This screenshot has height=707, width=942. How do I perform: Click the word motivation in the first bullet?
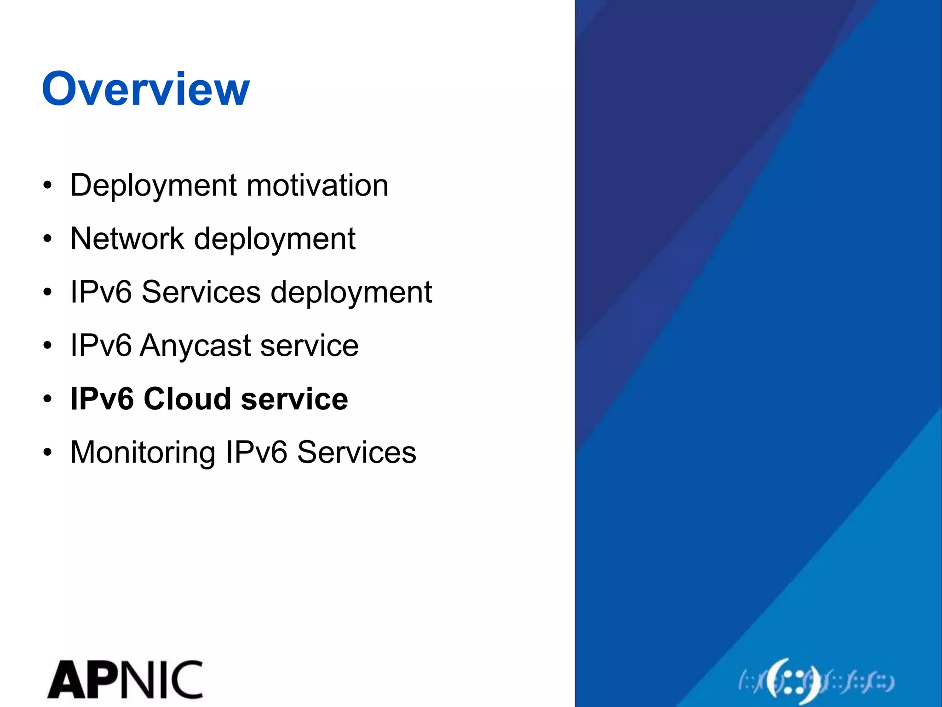click(317, 185)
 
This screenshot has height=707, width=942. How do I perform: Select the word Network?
click(127, 239)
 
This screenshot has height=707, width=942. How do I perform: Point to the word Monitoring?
click(143, 453)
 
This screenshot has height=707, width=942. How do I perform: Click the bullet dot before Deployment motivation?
click(47, 186)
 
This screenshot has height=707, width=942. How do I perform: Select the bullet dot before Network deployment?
click(47, 239)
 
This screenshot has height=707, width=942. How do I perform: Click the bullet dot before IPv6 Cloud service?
click(47, 400)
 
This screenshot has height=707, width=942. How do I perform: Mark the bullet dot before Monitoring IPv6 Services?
click(47, 453)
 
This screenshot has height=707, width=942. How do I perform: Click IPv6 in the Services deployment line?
click(101, 292)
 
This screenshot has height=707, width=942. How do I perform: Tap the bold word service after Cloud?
click(294, 399)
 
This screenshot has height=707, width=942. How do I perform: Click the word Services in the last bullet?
click(356, 452)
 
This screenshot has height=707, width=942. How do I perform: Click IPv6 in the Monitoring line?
click(256, 452)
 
